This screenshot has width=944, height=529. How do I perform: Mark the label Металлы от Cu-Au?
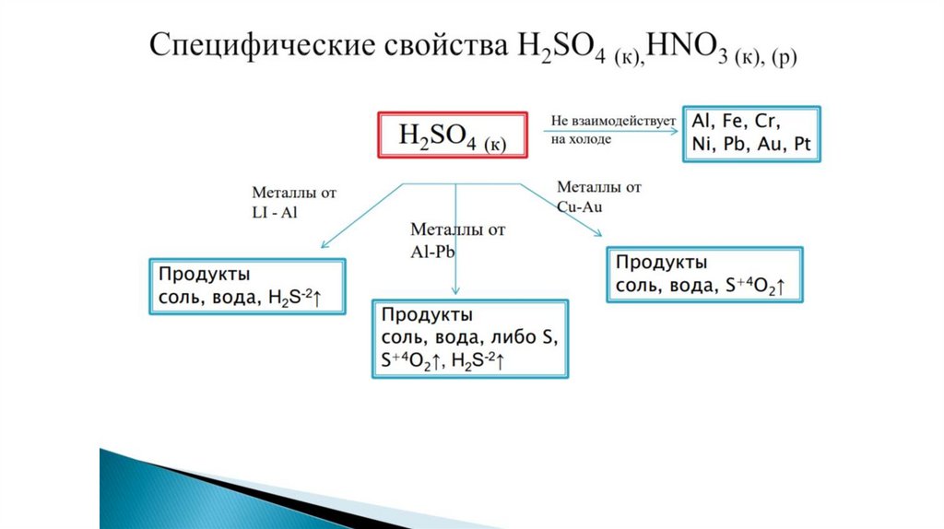pos(598,196)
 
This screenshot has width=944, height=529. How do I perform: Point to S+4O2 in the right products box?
pos(749,287)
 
